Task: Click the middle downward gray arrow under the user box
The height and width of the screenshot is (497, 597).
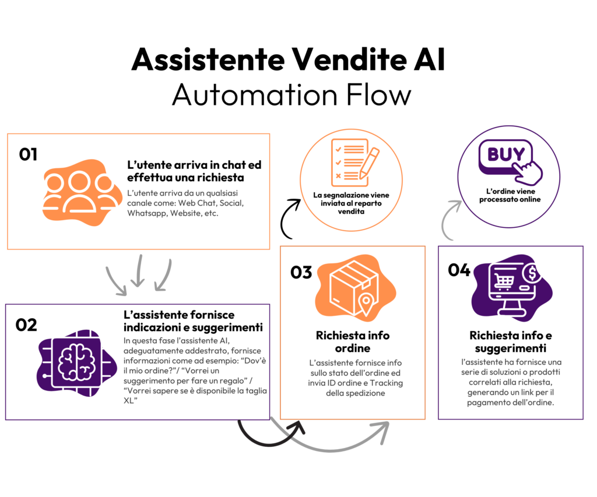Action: tap(138, 271)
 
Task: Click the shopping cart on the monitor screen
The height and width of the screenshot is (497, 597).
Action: tap(503, 281)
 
